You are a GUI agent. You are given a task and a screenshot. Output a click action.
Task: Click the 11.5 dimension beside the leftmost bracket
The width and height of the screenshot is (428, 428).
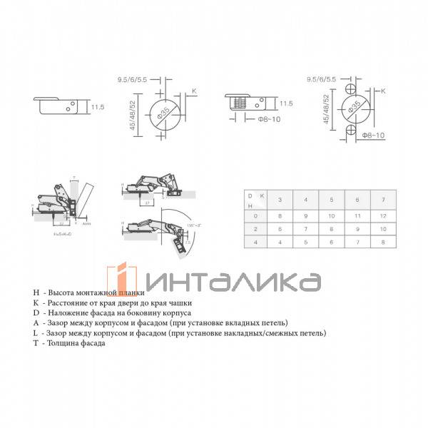pyautogui.click(x=97, y=107)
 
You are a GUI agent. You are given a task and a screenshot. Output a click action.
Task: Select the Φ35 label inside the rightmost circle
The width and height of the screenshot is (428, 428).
pyautogui.click(x=352, y=109)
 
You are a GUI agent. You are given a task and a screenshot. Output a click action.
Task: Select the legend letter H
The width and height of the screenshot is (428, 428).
pyautogui.click(x=36, y=292)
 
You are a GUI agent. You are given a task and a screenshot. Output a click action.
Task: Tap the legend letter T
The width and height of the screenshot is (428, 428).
pyautogui.click(x=36, y=343)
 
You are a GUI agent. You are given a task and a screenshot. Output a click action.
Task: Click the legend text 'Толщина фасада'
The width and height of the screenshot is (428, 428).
pyautogui.click(x=75, y=343)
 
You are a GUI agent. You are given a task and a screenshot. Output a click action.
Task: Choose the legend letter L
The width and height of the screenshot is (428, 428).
pyautogui.click(x=36, y=333)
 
